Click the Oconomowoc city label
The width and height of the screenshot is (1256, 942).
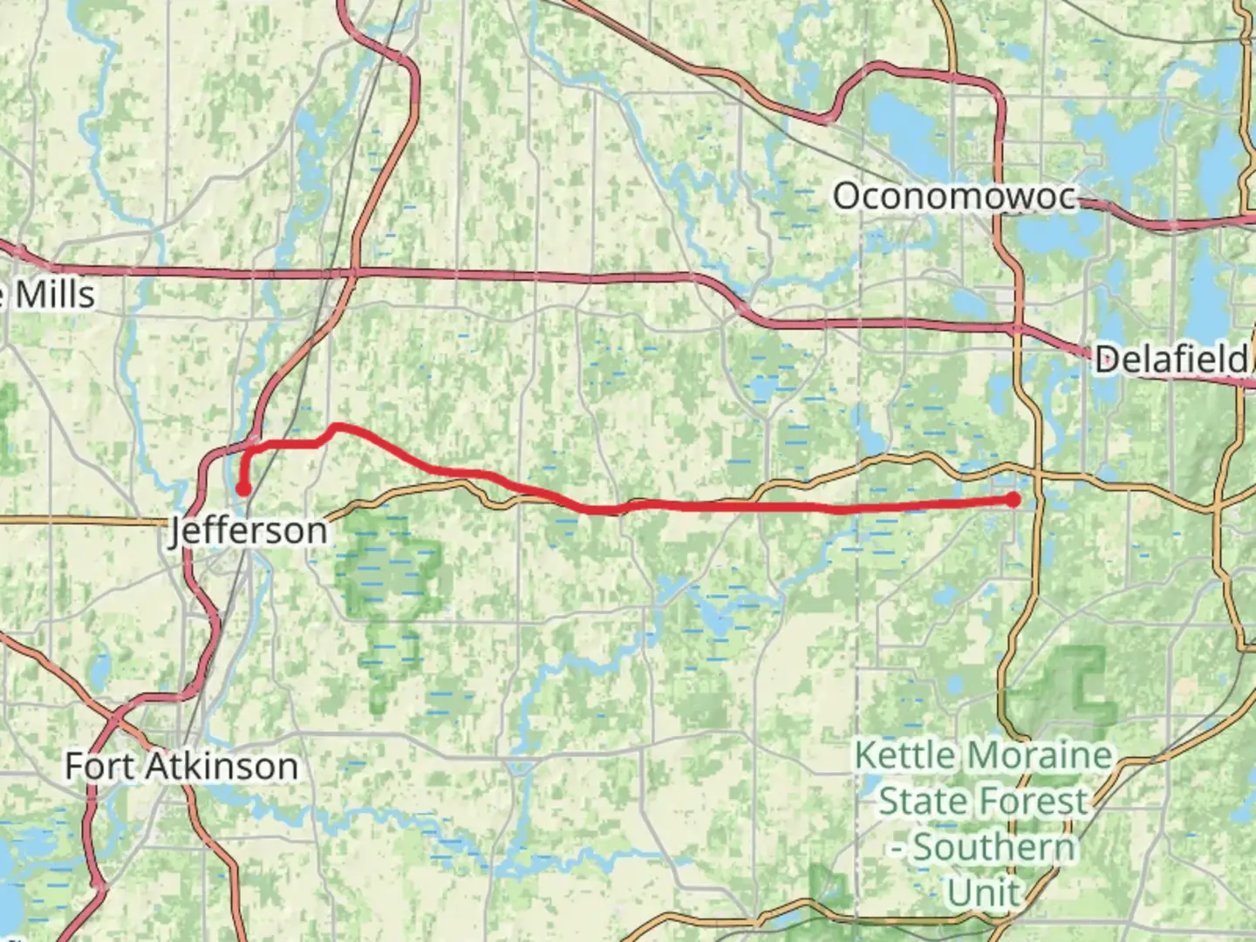[954, 196]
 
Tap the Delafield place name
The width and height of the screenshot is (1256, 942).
[1171, 358]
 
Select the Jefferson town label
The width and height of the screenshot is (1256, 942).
[249, 530]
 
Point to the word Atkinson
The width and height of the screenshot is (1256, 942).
[222, 767]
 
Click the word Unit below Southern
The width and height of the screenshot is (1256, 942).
[982, 892]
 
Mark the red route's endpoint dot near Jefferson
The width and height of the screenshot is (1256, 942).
[243, 488]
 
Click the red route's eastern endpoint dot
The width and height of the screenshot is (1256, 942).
[1013, 500]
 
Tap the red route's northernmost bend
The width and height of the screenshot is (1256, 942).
[337, 427]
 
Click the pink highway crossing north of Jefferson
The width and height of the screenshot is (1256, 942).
[353, 274]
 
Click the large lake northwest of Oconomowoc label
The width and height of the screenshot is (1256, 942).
[898, 122]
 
